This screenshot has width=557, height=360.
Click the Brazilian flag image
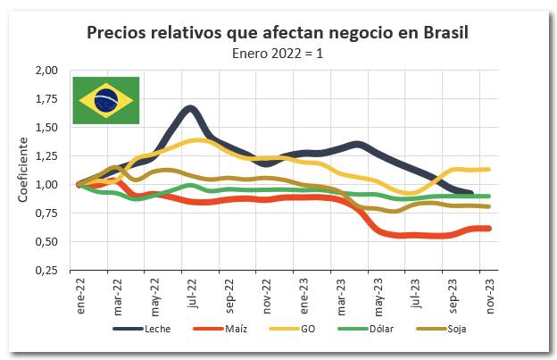(x=105, y=100)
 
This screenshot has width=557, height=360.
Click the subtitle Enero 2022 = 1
(x=278, y=53)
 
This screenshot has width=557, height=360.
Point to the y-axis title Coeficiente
(x=24, y=168)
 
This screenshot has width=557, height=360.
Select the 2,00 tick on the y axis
(x=45, y=71)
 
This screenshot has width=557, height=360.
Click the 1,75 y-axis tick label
(x=45, y=99)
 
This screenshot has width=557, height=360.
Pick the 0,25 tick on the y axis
(x=45, y=271)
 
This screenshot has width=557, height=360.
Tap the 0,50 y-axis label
(x=45, y=242)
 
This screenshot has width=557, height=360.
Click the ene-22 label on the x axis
(x=79, y=294)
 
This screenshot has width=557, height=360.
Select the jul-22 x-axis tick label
(x=192, y=294)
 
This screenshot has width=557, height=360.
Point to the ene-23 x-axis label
(x=303, y=294)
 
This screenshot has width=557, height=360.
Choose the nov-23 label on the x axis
(x=490, y=294)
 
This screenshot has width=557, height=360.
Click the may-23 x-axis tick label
(x=378, y=294)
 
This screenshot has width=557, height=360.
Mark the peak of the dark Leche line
(x=189, y=110)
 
